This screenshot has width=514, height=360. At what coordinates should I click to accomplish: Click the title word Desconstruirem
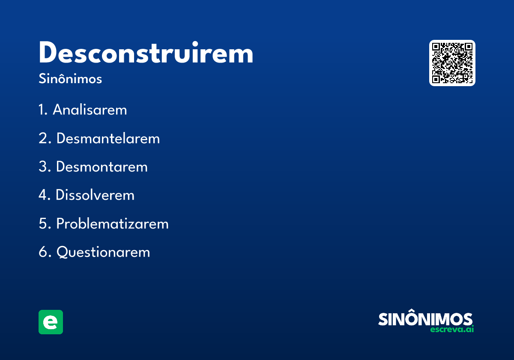click(146, 54)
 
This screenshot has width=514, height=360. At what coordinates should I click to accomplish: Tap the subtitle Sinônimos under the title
click(70, 79)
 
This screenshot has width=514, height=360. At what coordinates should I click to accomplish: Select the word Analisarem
click(90, 110)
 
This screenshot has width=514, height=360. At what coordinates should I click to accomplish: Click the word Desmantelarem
click(108, 138)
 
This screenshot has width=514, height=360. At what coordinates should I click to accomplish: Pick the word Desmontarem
click(102, 167)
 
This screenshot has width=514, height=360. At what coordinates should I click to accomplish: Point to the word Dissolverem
click(95, 195)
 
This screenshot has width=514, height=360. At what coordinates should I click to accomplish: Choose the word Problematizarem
click(112, 224)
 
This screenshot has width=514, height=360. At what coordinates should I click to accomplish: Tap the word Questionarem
click(103, 252)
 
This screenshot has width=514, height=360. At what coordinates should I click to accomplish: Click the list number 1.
click(42, 110)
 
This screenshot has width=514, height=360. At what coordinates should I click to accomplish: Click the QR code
click(452, 63)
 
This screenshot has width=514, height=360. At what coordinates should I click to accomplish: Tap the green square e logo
click(51, 322)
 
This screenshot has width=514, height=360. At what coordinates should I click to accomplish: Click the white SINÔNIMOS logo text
click(425, 319)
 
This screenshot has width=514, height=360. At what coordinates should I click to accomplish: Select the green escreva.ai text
click(452, 330)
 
